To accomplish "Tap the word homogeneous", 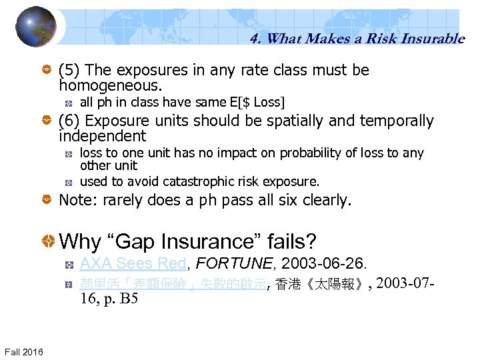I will point(110,86).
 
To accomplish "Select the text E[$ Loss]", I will point(256,102).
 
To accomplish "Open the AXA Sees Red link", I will point(132,264).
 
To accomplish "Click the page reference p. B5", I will point(122,298).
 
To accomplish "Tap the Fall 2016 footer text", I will point(24,351).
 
